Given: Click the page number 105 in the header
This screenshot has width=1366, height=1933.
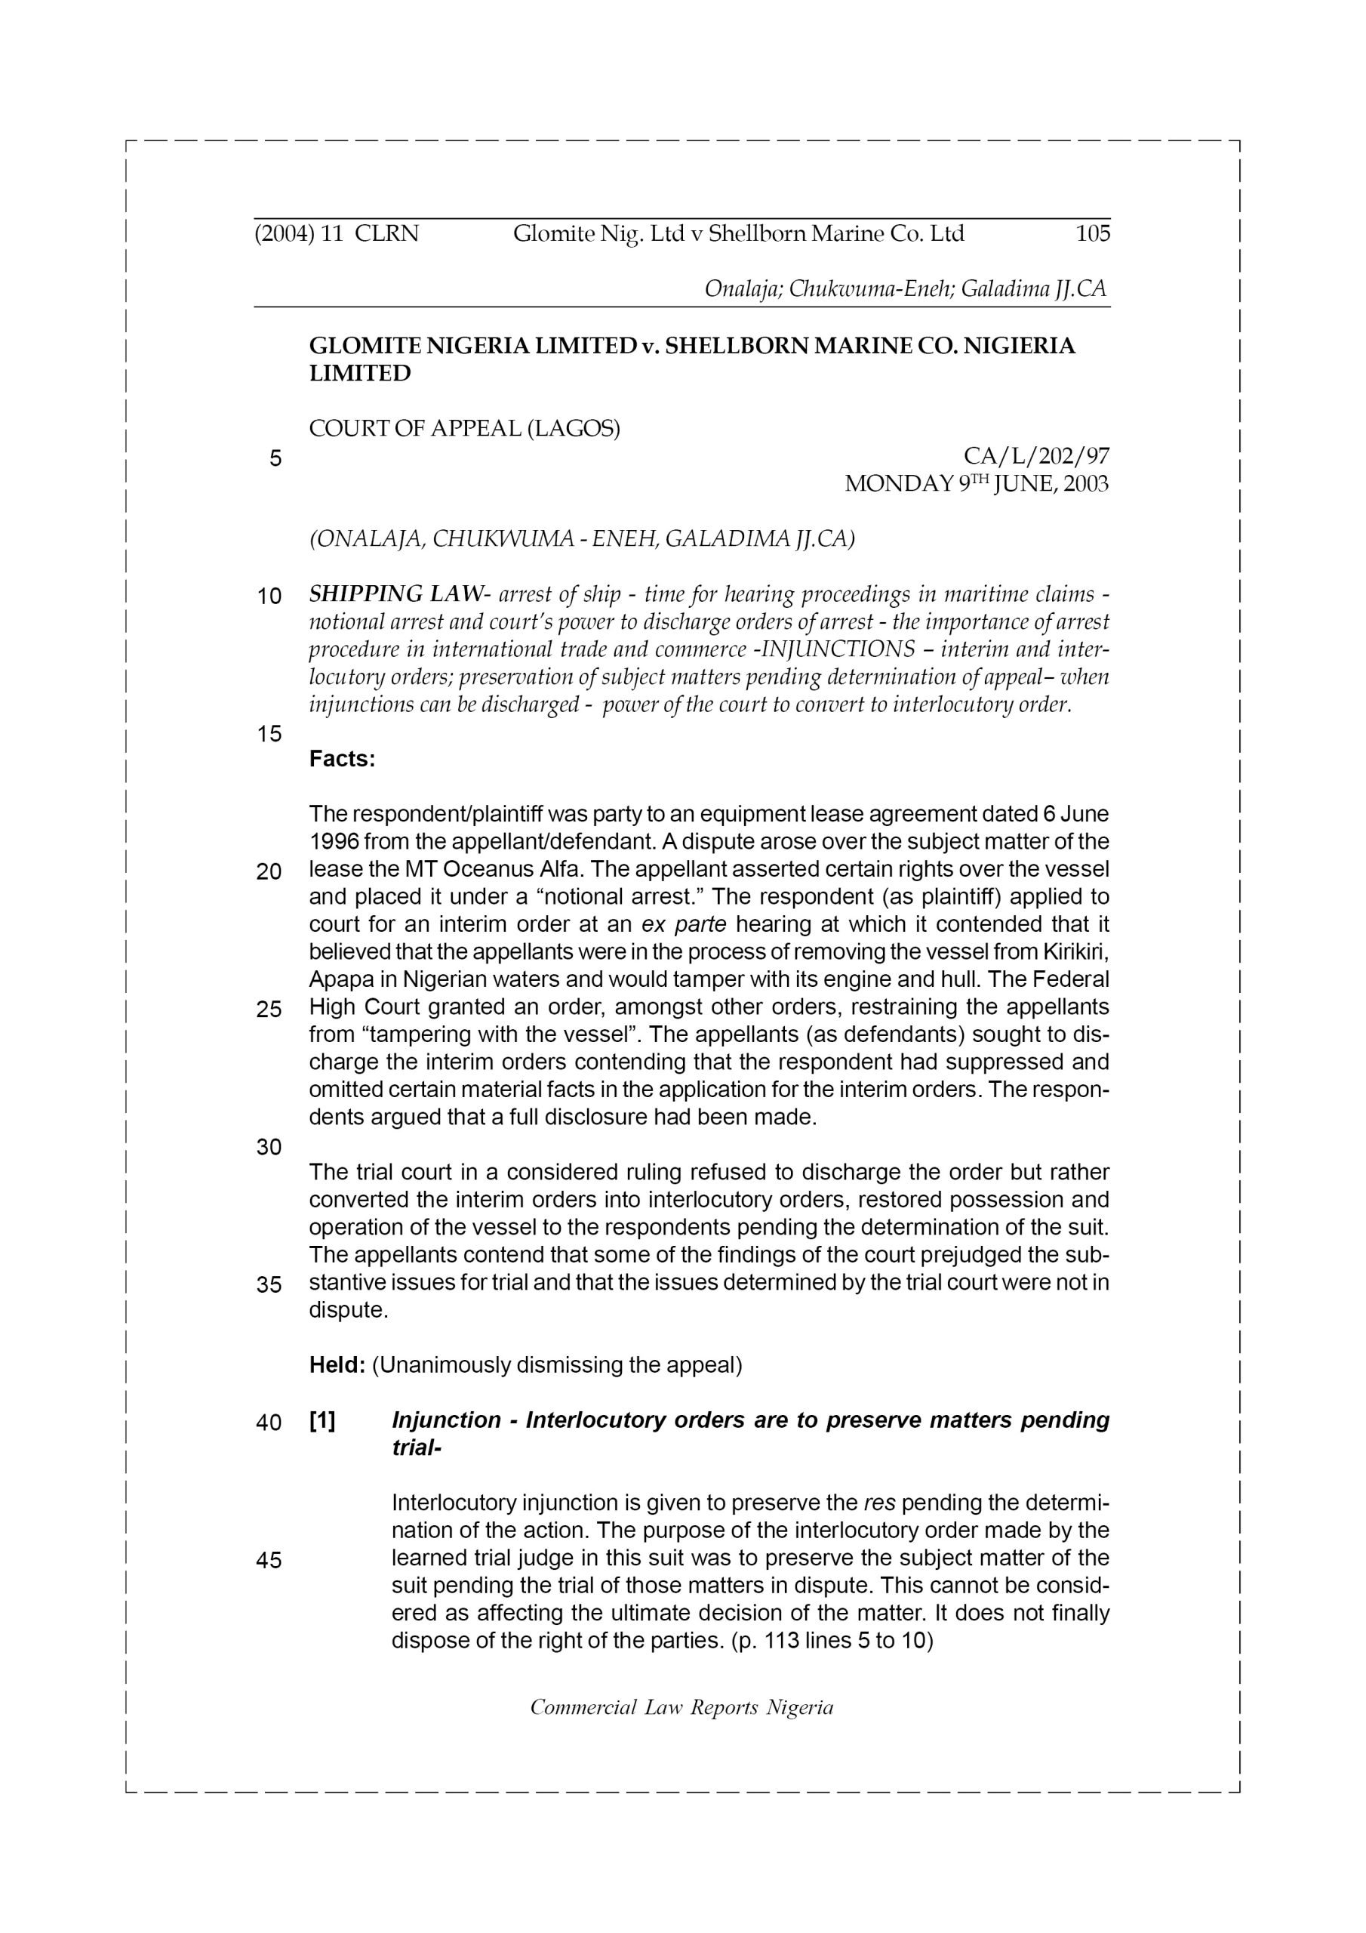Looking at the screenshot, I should tap(1093, 233).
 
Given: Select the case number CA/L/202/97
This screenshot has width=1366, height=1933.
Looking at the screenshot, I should tap(1036, 456).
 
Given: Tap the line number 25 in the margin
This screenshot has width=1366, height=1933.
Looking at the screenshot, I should tap(269, 1010).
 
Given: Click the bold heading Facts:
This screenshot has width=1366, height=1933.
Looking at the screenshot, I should tap(342, 759).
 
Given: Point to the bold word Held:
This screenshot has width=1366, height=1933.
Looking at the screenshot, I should tap(337, 1364).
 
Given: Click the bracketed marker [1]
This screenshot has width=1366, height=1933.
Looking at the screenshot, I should tap(322, 1420).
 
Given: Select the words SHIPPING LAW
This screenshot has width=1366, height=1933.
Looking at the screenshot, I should tap(395, 594).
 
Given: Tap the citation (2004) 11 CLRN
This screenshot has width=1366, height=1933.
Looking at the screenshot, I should tap(337, 233).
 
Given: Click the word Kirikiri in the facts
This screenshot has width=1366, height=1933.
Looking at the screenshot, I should tap(1075, 952).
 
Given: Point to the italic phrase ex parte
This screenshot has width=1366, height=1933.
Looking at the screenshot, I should tap(684, 924).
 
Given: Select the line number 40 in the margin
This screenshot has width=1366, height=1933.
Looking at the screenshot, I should tap(269, 1423).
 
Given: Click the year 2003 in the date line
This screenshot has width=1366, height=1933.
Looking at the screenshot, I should tap(1085, 484).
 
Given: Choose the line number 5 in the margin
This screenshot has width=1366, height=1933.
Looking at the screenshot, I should tap(275, 459).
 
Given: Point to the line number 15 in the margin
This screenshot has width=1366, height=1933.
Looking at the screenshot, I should tap(269, 734).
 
